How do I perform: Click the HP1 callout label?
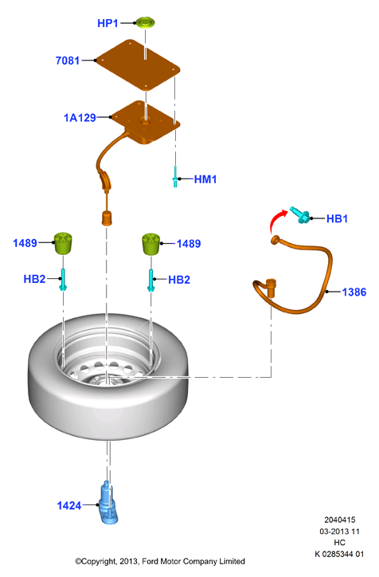[x=107, y=23]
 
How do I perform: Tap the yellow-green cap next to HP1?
[x=146, y=22]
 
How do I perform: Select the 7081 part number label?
[x=67, y=61]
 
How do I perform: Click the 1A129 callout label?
[x=80, y=118]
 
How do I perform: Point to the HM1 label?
[x=205, y=179]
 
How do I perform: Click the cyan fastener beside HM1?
[x=175, y=176]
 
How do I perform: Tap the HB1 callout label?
[x=337, y=218]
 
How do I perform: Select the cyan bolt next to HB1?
[x=300, y=215]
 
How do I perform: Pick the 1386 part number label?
[x=354, y=292]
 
